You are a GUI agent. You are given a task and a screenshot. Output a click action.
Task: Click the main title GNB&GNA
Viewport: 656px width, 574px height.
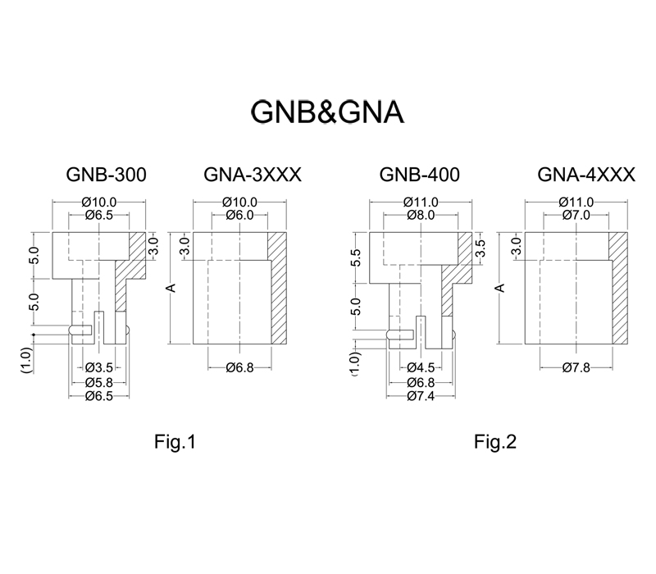(327, 112)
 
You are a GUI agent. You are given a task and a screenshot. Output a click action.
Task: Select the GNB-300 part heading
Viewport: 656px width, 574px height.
(107, 175)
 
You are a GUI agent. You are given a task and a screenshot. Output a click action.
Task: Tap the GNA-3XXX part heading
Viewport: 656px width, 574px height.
(253, 175)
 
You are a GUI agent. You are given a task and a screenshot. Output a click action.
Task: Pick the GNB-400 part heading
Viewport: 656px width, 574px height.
(420, 175)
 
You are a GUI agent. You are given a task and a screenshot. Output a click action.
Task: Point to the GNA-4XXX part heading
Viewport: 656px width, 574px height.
(586, 175)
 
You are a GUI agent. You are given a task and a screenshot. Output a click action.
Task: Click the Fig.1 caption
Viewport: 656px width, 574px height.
(175, 441)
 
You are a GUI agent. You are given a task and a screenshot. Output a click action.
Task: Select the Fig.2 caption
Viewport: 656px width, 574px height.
(495, 441)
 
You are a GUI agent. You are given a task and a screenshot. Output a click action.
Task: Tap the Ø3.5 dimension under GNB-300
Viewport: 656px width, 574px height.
(99, 367)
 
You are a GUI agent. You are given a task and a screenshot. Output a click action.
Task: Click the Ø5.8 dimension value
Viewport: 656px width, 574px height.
(99, 382)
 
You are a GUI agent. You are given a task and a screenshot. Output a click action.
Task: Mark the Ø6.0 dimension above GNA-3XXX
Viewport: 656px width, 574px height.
(239, 215)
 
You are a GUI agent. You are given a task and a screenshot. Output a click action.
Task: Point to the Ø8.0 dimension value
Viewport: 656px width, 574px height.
(421, 215)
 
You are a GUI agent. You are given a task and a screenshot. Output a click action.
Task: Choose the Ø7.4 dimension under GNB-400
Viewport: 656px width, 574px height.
(421, 396)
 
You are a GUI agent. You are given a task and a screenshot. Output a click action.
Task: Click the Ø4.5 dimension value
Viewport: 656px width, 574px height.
(421, 367)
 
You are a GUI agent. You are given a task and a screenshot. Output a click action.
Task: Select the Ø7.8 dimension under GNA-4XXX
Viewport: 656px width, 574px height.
(576, 367)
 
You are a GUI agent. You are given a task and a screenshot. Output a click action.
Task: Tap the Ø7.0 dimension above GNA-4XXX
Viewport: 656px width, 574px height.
(576, 215)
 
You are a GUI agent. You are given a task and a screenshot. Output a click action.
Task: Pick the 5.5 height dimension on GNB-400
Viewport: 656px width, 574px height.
(356, 257)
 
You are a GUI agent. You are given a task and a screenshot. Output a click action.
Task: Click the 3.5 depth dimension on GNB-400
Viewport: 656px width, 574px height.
(481, 248)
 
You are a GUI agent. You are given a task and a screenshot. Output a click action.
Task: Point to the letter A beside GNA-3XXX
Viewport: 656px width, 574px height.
(171, 288)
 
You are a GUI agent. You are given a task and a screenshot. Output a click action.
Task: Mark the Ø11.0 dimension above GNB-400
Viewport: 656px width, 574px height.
(421, 202)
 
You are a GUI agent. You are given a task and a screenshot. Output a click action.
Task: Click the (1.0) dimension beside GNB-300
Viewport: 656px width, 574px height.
(26, 360)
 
